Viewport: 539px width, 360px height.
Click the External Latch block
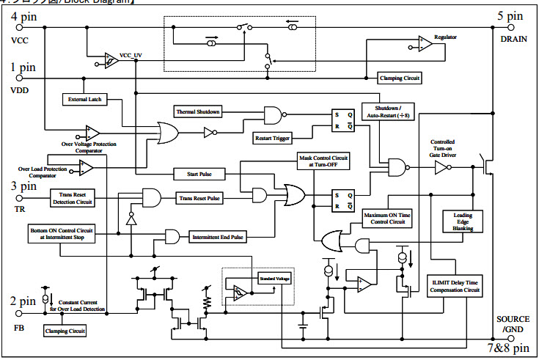pyautogui.click(x=84, y=99)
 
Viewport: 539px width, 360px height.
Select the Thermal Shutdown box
pyautogui.click(x=197, y=111)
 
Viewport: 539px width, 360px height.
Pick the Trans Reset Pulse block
pyautogui.click(x=199, y=198)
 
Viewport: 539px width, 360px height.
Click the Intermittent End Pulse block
pyautogui.click(x=218, y=238)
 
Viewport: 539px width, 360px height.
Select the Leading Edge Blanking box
pyautogui.click(x=461, y=222)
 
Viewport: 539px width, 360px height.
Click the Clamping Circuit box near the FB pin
pyautogui.click(x=65, y=331)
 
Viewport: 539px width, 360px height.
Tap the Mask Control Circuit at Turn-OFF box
pyautogui.click(x=323, y=161)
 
